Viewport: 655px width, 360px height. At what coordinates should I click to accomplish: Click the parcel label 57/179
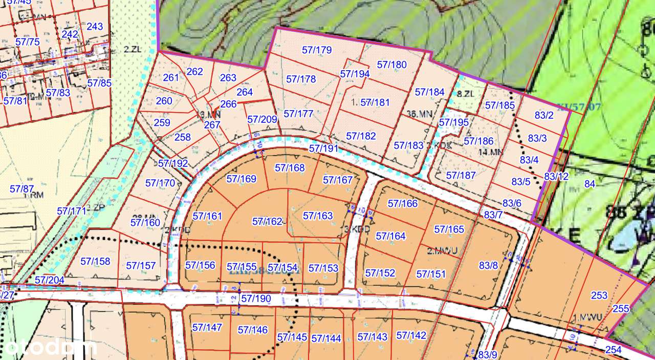(x=317, y=50)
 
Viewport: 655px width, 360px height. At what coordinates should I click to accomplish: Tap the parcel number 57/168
(x=290, y=167)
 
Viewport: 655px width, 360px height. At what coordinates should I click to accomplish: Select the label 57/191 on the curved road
(x=324, y=149)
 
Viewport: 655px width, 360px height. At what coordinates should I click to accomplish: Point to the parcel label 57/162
(x=267, y=221)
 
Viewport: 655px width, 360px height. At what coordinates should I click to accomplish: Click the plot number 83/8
(x=488, y=265)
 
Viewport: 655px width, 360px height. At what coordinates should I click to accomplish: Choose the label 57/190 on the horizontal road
(x=256, y=298)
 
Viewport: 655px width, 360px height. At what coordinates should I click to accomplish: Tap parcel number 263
(x=228, y=78)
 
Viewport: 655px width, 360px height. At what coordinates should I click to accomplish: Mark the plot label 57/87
(x=21, y=189)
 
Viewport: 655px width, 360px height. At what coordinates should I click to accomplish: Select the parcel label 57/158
(x=95, y=261)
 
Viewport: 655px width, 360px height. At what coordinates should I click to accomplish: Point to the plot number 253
(x=599, y=295)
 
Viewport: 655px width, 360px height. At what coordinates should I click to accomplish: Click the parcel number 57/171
(x=72, y=211)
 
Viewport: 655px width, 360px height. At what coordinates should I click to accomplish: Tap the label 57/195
(x=453, y=122)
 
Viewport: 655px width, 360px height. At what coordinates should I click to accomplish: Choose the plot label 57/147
(x=207, y=327)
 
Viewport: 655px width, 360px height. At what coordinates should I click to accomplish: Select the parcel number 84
(x=590, y=184)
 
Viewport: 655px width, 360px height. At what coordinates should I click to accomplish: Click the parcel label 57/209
(x=262, y=119)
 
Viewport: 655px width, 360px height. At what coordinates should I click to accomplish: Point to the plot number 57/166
(x=403, y=203)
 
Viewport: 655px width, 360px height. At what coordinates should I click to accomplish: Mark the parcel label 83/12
(x=556, y=177)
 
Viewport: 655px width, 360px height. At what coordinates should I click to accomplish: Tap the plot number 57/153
(x=323, y=268)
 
